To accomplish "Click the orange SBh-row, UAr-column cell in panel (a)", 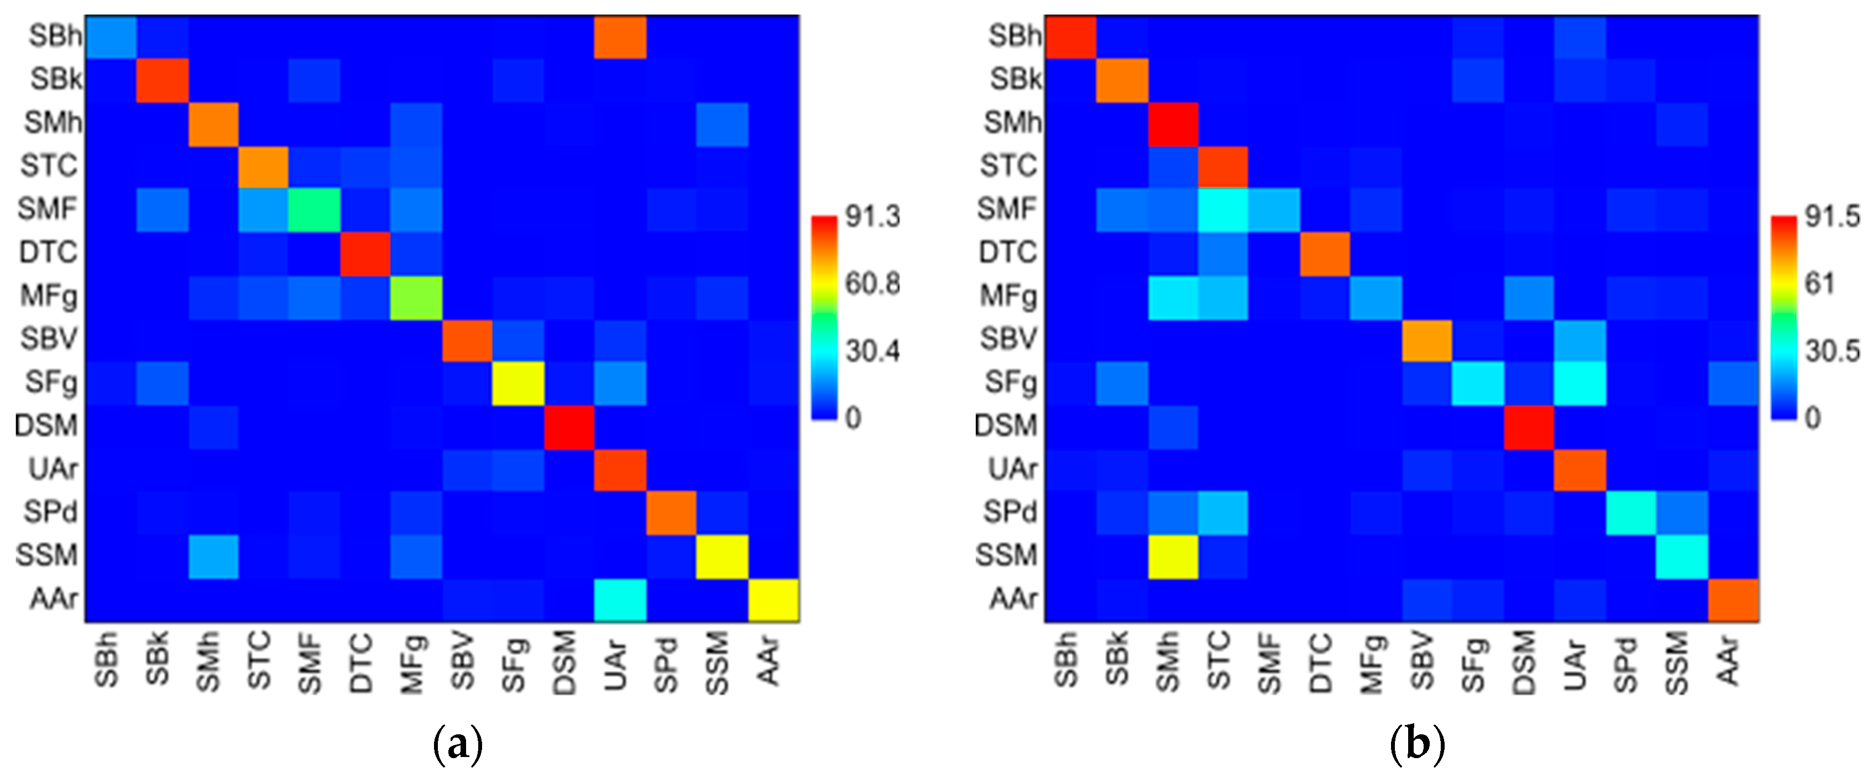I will click(x=620, y=37).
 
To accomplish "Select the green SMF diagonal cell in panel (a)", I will click(x=315, y=210).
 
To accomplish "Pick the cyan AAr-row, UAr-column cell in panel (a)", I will click(x=620, y=600).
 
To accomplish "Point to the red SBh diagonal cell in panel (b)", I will click(x=1070, y=37).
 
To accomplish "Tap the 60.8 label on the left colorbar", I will click(x=872, y=283).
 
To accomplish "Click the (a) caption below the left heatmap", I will click(x=457, y=745).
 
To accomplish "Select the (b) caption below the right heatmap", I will click(x=1417, y=745).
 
